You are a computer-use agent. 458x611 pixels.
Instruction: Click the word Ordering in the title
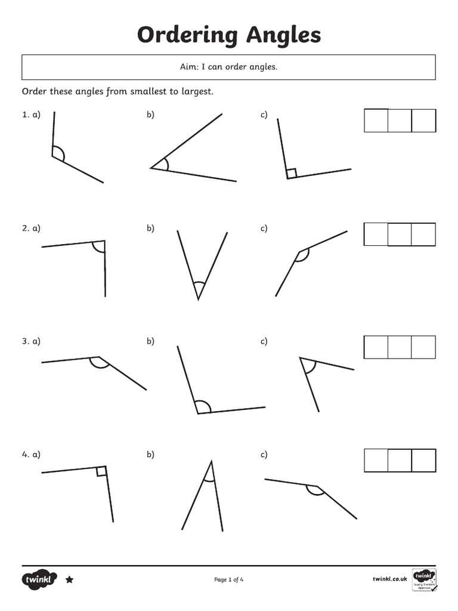coord(187,35)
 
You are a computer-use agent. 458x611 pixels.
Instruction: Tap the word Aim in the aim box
coord(188,67)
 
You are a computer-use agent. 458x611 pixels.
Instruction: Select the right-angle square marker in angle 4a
coord(101,471)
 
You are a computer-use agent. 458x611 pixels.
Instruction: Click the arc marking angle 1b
coord(167,165)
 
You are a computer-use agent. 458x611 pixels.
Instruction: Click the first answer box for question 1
coord(376,121)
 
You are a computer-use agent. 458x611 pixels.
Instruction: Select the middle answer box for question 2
coord(400,234)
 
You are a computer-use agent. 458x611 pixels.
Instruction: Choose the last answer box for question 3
coord(423,347)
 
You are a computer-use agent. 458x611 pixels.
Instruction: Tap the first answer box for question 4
coord(376,460)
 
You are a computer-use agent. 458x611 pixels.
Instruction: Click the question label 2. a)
coord(31,229)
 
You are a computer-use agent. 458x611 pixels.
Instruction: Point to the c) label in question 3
coord(264,341)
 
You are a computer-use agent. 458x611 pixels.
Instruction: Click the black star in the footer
coord(70,580)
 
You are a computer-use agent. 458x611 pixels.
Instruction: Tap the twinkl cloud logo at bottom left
coord(39,580)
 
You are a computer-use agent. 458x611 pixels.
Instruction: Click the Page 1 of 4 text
coord(229,580)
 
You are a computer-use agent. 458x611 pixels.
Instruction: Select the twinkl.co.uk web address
coord(390,579)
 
